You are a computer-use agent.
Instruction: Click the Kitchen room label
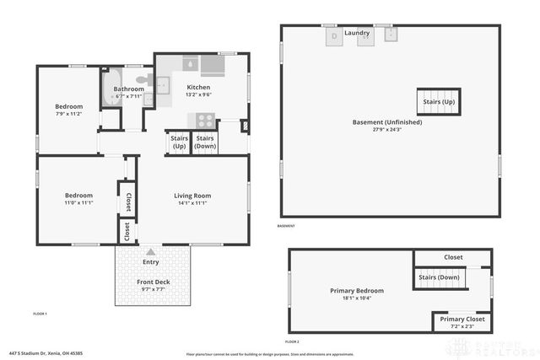[198, 87]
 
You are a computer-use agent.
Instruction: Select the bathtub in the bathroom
[111, 90]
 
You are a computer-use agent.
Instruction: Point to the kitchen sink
[191, 64]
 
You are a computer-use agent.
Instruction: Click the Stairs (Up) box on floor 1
[179, 142]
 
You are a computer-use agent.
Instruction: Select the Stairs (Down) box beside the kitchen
[205, 142]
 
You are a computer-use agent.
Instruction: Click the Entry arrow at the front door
[151, 251]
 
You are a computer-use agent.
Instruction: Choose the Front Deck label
[153, 282]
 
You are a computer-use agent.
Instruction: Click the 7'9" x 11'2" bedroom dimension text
[69, 114]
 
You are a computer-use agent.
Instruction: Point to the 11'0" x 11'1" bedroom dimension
[77, 203]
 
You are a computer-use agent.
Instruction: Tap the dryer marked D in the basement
[333, 35]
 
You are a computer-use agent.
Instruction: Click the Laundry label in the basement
[357, 33]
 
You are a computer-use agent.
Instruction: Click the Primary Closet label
[462, 320]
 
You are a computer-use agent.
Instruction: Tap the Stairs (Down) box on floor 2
[437, 277]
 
